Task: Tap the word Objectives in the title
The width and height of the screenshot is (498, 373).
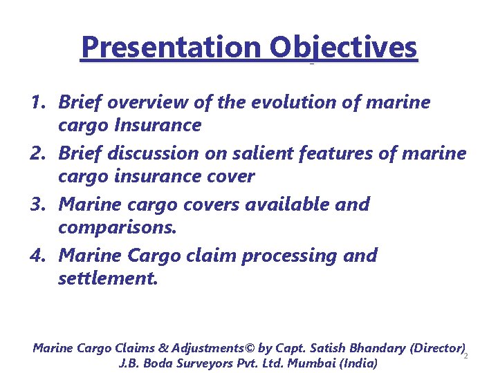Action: [x=344, y=48]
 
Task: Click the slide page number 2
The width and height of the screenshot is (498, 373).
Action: [x=465, y=356]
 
